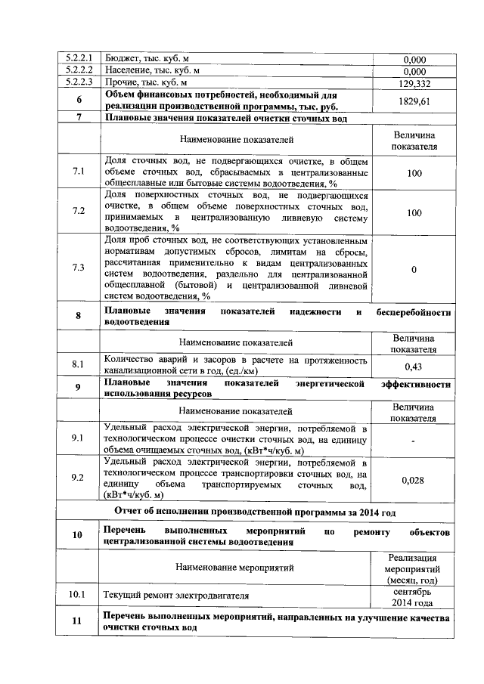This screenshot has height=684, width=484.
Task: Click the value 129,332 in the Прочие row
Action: [414, 83]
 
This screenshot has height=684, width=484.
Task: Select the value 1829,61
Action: [414, 101]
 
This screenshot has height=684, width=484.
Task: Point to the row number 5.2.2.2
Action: [79, 70]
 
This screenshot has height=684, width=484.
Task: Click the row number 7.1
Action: [79, 172]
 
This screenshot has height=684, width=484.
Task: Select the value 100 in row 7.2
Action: [414, 213]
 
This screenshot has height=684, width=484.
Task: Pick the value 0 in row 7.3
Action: [414, 268]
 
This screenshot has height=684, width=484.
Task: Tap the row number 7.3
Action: [79, 268]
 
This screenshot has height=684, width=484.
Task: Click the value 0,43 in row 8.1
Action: [414, 366]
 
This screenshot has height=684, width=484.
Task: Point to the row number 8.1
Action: [79, 365]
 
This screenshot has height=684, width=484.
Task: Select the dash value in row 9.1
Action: [414, 439]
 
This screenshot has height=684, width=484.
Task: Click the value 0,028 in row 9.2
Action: [414, 479]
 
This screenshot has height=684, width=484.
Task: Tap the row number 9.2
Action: [79, 478]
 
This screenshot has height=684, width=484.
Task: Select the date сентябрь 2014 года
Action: [414, 596]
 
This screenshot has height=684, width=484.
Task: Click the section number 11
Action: [78, 622]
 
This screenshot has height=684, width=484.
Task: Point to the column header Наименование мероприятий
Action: [236, 566]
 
